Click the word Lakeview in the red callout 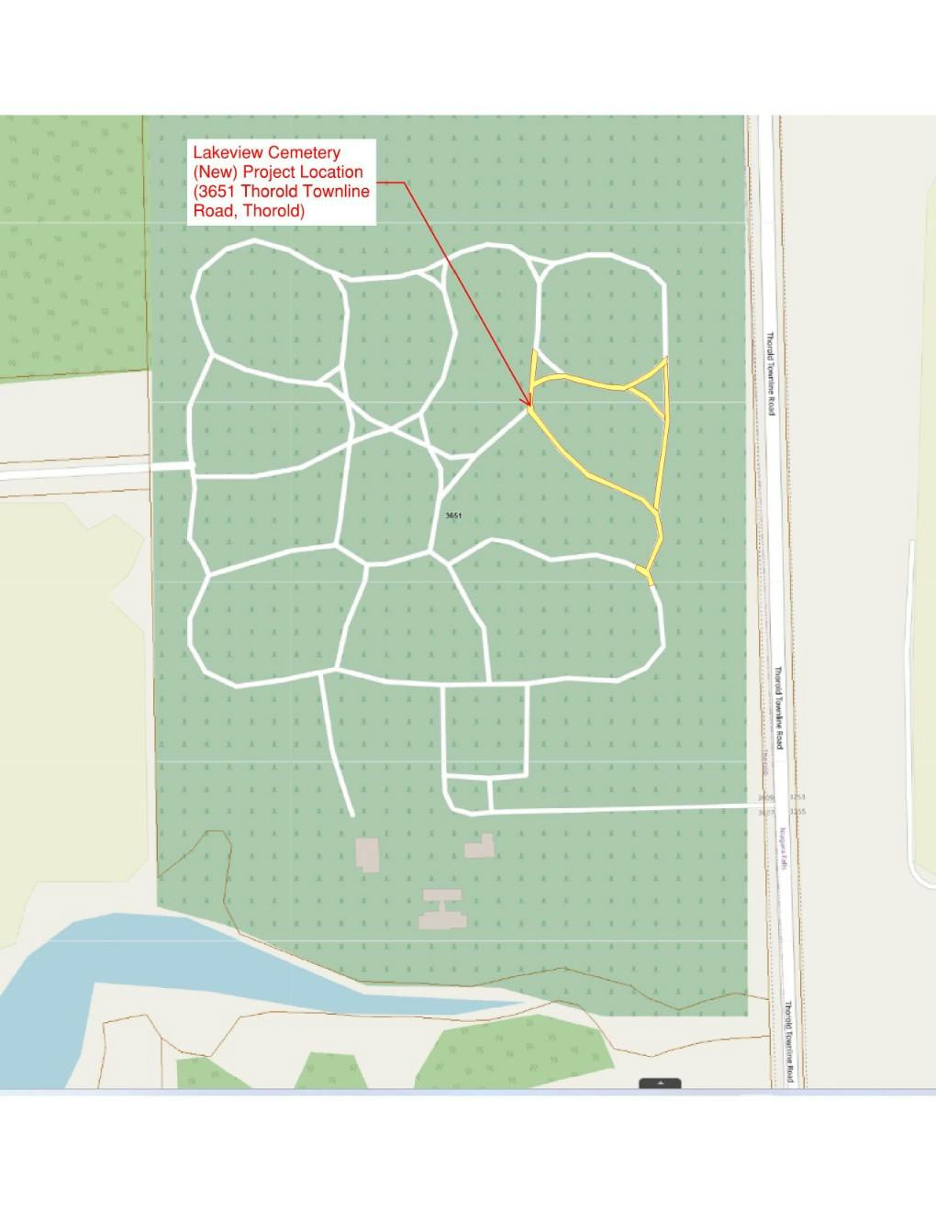coord(223,152)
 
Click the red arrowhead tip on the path coord(529,405)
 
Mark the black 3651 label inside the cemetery coord(453,516)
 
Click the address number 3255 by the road coord(797,812)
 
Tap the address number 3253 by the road coord(797,798)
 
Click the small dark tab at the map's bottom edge coord(660,1083)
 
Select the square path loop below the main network coord(485,730)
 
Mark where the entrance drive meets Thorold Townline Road coord(769,805)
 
